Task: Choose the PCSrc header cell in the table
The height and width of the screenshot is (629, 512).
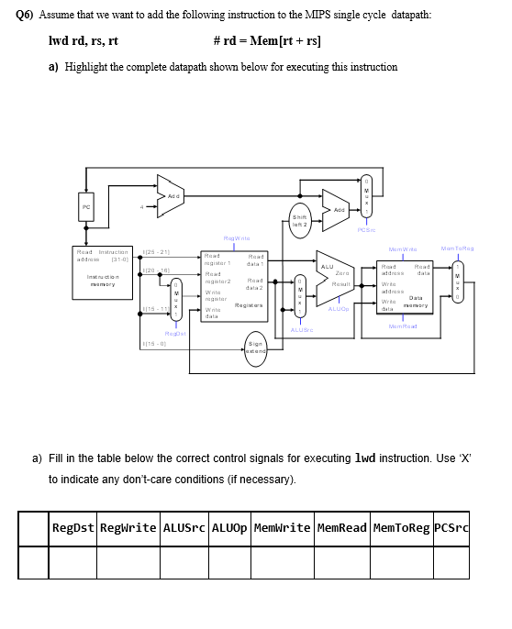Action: [450, 528]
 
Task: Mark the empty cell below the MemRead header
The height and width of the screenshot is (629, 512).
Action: [340, 562]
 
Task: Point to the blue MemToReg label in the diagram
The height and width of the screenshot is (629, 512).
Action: [456, 248]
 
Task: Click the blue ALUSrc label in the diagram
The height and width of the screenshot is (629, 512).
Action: [302, 330]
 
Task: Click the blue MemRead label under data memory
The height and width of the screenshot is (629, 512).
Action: [403, 326]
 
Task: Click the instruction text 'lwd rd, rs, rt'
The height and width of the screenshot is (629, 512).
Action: [83, 40]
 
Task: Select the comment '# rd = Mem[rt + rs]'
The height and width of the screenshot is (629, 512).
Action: [266, 40]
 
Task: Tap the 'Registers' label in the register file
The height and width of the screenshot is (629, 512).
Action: [250, 304]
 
